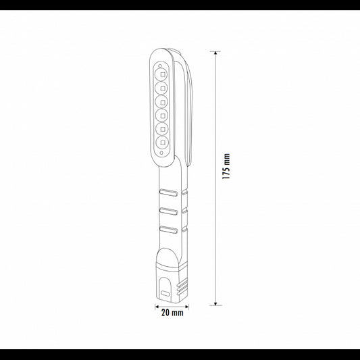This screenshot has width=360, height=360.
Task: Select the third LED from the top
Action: (x=164, y=101)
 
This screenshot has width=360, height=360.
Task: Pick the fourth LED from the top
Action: (x=164, y=117)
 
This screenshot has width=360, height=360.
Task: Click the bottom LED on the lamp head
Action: (x=164, y=144)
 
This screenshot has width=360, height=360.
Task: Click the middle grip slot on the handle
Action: (x=170, y=211)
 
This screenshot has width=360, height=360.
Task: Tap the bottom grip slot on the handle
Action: (x=170, y=230)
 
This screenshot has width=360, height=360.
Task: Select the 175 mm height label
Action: (x=228, y=165)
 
